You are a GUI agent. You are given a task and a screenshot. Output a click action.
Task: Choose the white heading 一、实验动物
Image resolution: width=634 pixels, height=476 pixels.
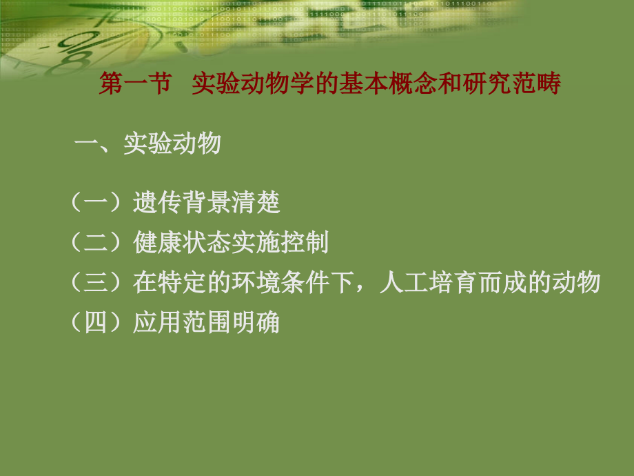click(x=147, y=143)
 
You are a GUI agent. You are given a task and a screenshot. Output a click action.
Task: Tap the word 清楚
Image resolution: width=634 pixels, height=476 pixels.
click(x=256, y=203)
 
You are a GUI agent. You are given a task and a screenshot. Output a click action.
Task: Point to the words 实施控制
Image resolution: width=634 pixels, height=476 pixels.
click(x=280, y=242)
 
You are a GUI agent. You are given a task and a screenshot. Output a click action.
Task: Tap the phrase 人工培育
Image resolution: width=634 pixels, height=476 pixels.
click(x=427, y=282)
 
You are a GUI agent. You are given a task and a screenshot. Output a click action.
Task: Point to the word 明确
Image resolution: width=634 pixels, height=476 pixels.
click(x=256, y=322)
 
